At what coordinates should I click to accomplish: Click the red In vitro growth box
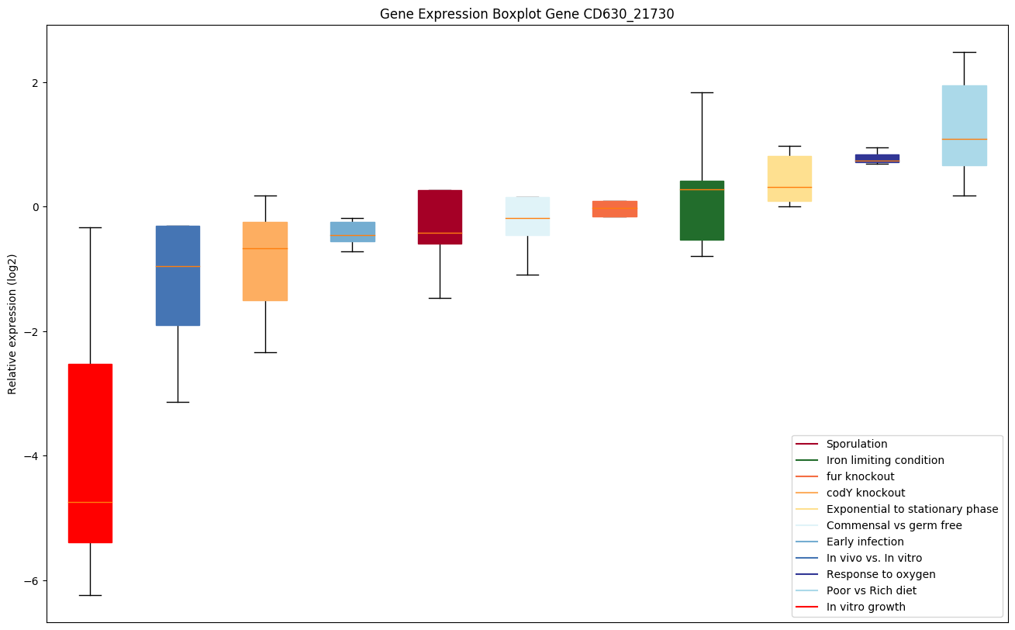click(x=90, y=453)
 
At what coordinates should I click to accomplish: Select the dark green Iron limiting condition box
click(x=702, y=210)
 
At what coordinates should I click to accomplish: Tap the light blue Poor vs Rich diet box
click(x=964, y=126)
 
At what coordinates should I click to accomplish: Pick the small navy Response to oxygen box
click(x=876, y=158)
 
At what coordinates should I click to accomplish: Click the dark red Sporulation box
click(x=440, y=217)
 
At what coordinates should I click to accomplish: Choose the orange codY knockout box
click(x=265, y=261)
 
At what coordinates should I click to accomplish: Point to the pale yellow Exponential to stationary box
click(x=789, y=178)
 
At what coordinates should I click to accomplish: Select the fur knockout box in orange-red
click(x=614, y=209)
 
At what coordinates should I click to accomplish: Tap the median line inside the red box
click(x=90, y=502)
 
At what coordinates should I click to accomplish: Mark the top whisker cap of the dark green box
click(x=702, y=92)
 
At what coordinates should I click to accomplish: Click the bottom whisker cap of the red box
click(x=90, y=595)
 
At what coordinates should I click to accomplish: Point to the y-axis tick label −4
click(x=31, y=456)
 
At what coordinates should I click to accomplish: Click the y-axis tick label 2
click(x=34, y=82)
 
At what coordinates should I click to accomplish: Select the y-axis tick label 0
click(x=34, y=207)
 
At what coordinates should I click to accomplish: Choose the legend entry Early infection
click(x=865, y=542)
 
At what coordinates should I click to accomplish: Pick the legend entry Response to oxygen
click(x=880, y=574)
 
